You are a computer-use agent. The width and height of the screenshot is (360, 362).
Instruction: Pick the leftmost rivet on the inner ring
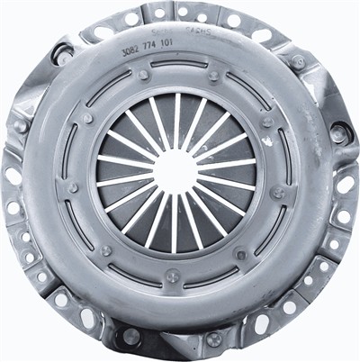[x=72, y=187]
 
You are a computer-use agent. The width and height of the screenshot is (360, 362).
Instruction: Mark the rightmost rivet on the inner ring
[x=278, y=192]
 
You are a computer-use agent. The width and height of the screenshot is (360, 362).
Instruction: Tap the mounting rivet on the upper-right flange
[x=297, y=61]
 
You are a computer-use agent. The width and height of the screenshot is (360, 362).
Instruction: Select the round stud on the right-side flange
[x=339, y=133]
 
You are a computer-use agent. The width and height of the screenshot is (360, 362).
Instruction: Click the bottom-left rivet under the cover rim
[x=131, y=336]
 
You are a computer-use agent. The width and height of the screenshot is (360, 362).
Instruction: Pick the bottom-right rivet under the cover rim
[x=214, y=339]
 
